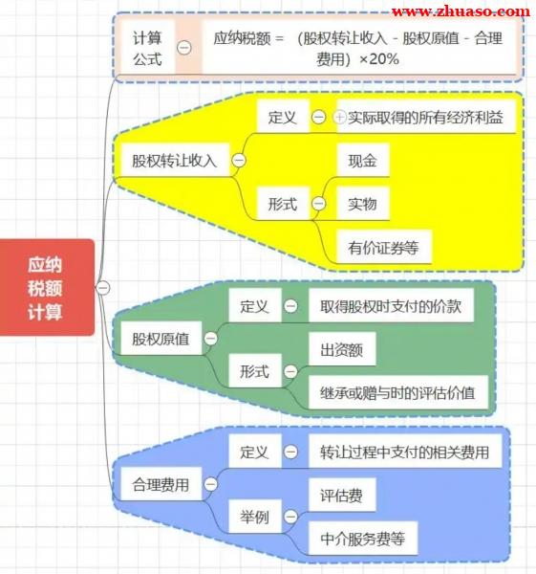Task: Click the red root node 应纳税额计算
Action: point(47,287)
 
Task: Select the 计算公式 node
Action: point(148,48)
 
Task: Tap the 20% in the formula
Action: point(384,59)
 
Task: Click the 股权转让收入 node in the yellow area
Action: point(175,161)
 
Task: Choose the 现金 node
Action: point(363,161)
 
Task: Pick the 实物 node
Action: point(363,204)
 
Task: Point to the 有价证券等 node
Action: point(384,247)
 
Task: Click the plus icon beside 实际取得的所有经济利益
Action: point(340,117)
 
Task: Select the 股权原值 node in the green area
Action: point(161,339)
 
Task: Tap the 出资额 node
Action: point(342,349)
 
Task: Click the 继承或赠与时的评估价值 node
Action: point(398,392)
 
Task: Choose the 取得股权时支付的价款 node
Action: point(391,306)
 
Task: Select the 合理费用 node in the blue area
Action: point(161,484)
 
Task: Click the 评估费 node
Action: point(342,495)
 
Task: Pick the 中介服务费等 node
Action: point(363,538)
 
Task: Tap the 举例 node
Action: point(255,517)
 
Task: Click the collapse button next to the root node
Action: point(103,288)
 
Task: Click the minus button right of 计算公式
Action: point(184,48)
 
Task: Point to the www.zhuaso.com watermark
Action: point(461,11)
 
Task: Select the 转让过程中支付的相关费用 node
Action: point(405,452)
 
